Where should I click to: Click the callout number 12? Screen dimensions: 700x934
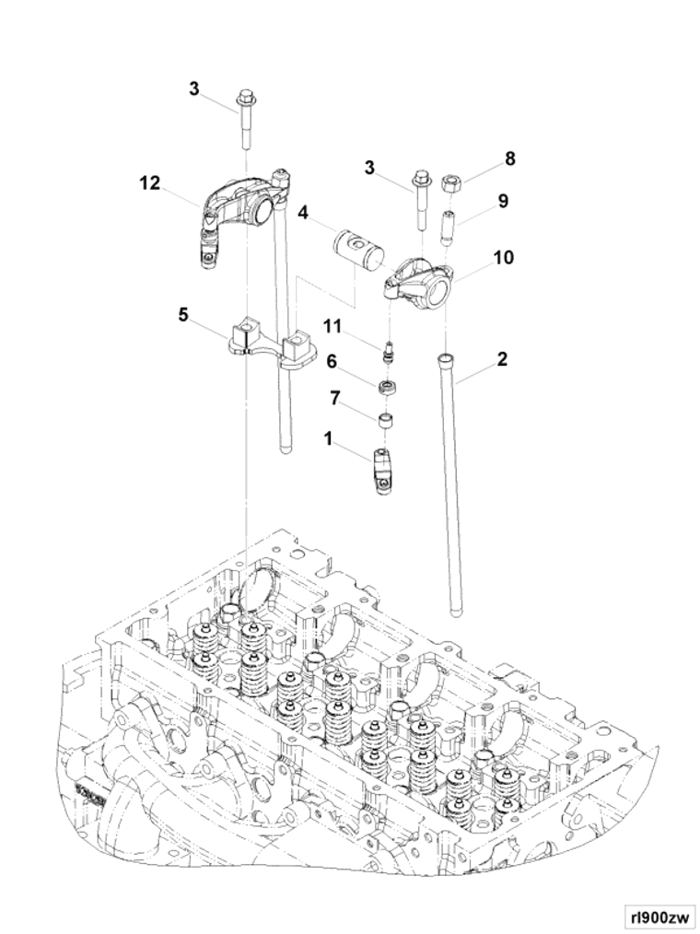click(x=150, y=183)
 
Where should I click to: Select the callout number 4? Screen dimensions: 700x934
click(x=303, y=212)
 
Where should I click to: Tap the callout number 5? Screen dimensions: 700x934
click(x=183, y=314)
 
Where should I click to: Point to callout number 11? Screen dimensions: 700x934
click(x=333, y=326)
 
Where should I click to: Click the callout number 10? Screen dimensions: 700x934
click(x=504, y=257)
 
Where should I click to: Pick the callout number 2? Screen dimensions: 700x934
click(x=502, y=359)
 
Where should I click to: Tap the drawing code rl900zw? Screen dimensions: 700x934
click(x=658, y=915)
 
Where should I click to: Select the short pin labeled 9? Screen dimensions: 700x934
click(x=448, y=228)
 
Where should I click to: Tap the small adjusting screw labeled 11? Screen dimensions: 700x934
click(x=389, y=352)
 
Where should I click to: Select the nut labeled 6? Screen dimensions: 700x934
click(x=388, y=387)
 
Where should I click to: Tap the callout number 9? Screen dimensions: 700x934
click(x=503, y=202)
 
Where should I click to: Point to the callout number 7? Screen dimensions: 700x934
click(x=335, y=399)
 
